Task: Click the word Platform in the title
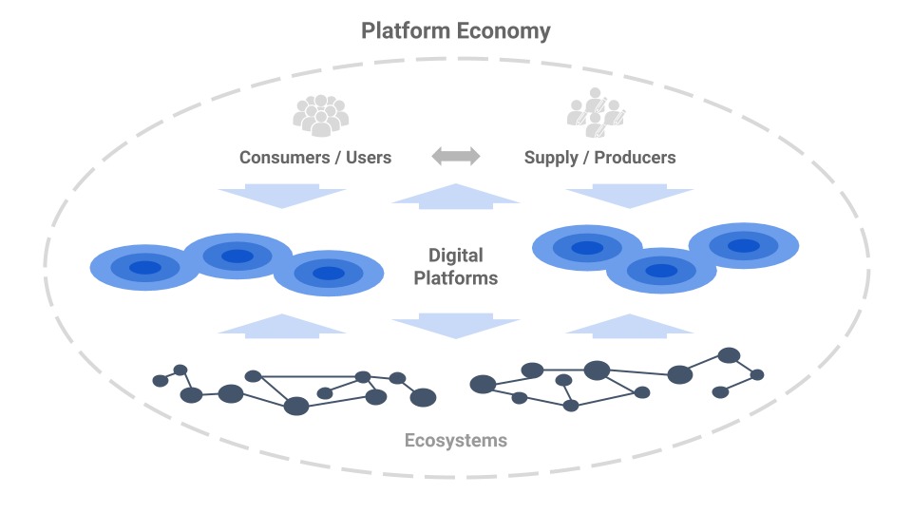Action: coord(406,31)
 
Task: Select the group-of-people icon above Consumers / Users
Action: coord(320,115)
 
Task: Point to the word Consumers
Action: coord(282,158)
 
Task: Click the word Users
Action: coord(367,158)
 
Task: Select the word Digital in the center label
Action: coord(456,256)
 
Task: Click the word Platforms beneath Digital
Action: coord(456,278)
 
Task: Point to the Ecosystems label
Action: coord(456,441)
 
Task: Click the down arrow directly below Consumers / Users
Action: coord(281,197)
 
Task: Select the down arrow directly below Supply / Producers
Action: coord(630,197)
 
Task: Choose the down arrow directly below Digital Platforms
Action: coord(456,325)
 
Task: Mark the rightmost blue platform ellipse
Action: coord(743,245)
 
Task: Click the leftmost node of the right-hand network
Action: coord(483,384)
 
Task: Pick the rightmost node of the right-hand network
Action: coord(757,374)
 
